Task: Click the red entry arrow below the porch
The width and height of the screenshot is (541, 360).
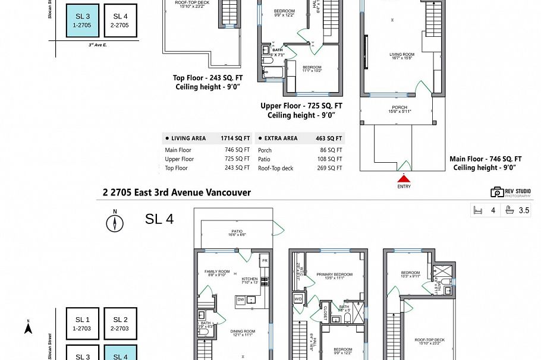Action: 404,178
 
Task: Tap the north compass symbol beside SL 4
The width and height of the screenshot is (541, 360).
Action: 115,222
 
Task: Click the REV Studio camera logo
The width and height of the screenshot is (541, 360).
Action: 497,192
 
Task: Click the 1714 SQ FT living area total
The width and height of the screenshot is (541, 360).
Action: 235,138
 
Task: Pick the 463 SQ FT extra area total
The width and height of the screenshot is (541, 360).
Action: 329,138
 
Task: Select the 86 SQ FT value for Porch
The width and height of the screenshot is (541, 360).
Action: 331,150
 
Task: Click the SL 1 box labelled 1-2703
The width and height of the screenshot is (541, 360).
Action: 83,323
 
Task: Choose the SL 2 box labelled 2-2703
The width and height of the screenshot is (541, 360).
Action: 121,323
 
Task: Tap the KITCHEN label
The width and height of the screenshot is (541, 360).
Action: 250,280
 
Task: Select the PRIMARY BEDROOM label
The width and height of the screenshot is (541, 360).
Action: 334,275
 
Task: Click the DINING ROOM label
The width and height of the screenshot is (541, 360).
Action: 243,333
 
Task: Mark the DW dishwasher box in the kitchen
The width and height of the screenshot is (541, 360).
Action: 240,300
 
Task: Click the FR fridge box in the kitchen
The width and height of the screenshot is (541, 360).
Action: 265,261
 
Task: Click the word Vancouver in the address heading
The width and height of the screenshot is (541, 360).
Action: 229,192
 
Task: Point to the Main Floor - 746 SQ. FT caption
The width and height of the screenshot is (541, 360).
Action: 485,159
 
